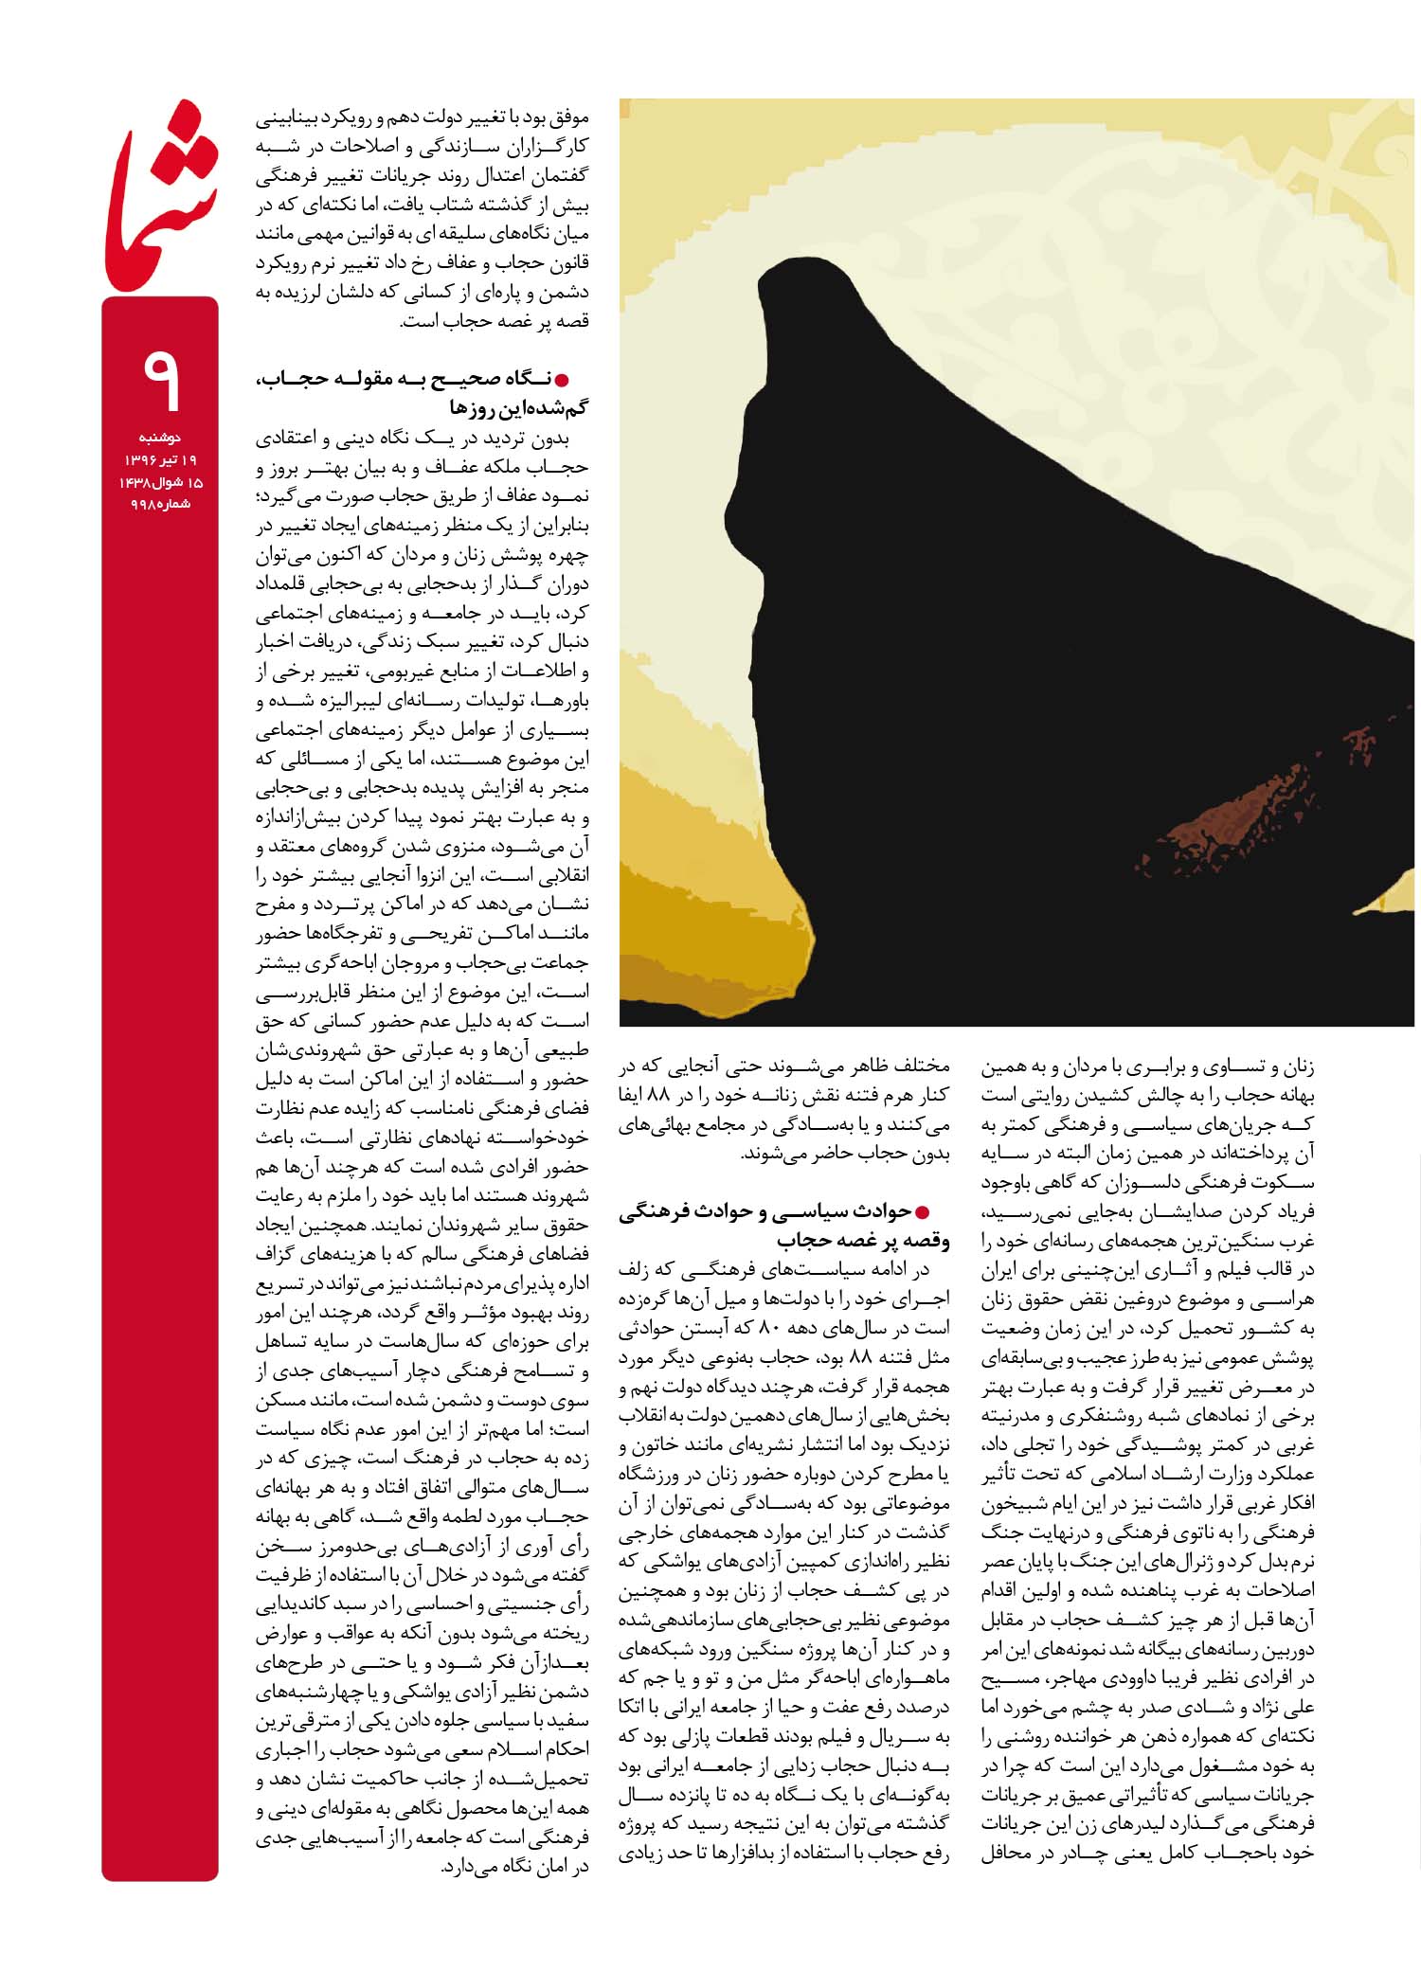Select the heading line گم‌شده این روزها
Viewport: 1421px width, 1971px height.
pyautogui.click(x=518, y=408)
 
